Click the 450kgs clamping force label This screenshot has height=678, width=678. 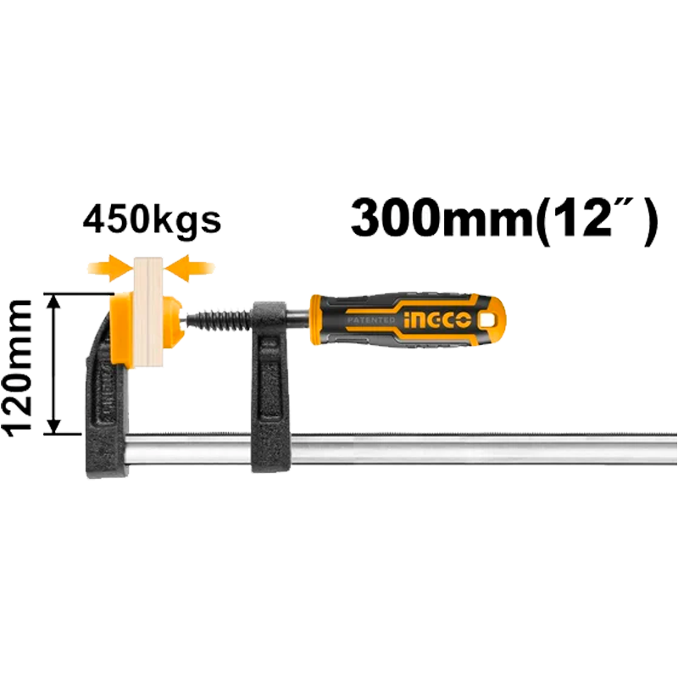(152, 221)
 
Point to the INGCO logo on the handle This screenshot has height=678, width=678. (437, 320)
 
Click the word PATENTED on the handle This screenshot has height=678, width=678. (370, 320)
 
